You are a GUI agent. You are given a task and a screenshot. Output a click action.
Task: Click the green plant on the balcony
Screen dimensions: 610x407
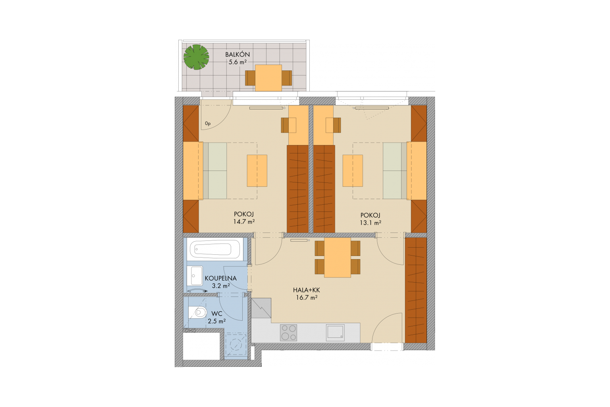[196, 57]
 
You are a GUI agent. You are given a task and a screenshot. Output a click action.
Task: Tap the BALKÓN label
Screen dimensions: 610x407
[237, 54]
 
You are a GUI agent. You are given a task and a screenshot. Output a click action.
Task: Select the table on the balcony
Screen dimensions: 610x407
[268, 78]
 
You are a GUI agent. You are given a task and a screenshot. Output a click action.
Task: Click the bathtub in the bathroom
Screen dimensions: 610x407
[214, 249]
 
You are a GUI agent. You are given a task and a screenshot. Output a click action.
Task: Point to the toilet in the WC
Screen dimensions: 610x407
[198, 312]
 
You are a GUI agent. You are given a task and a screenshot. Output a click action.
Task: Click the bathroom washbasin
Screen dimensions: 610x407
[195, 275]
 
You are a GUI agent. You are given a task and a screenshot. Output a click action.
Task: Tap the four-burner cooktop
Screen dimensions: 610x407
[289, 333]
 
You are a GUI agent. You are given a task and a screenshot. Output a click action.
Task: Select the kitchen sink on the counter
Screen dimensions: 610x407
[335, 333]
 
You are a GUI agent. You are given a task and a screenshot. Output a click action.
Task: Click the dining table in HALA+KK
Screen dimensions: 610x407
[338, 258]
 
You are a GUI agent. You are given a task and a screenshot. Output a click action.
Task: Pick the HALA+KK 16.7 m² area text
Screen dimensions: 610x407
[307, 294]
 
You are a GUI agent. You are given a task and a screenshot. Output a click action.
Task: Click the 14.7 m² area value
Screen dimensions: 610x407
[244, 222]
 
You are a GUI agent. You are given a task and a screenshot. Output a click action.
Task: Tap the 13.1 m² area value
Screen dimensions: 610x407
[371, 223]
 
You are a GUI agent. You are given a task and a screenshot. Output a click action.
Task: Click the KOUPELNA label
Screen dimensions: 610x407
[220, 278]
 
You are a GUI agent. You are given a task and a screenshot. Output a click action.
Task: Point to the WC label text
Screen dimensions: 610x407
[217, 314]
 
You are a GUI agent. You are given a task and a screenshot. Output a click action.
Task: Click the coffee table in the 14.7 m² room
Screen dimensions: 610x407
[257, 171]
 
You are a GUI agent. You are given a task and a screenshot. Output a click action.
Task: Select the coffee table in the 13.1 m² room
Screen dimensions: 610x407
[353, 171]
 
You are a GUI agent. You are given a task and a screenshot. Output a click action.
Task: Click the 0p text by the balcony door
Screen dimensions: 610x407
[208, 124]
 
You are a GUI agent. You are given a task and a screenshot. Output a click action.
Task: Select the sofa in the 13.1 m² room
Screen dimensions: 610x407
[395, 171]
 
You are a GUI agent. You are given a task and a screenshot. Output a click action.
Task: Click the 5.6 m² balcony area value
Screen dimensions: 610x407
[237, 62]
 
